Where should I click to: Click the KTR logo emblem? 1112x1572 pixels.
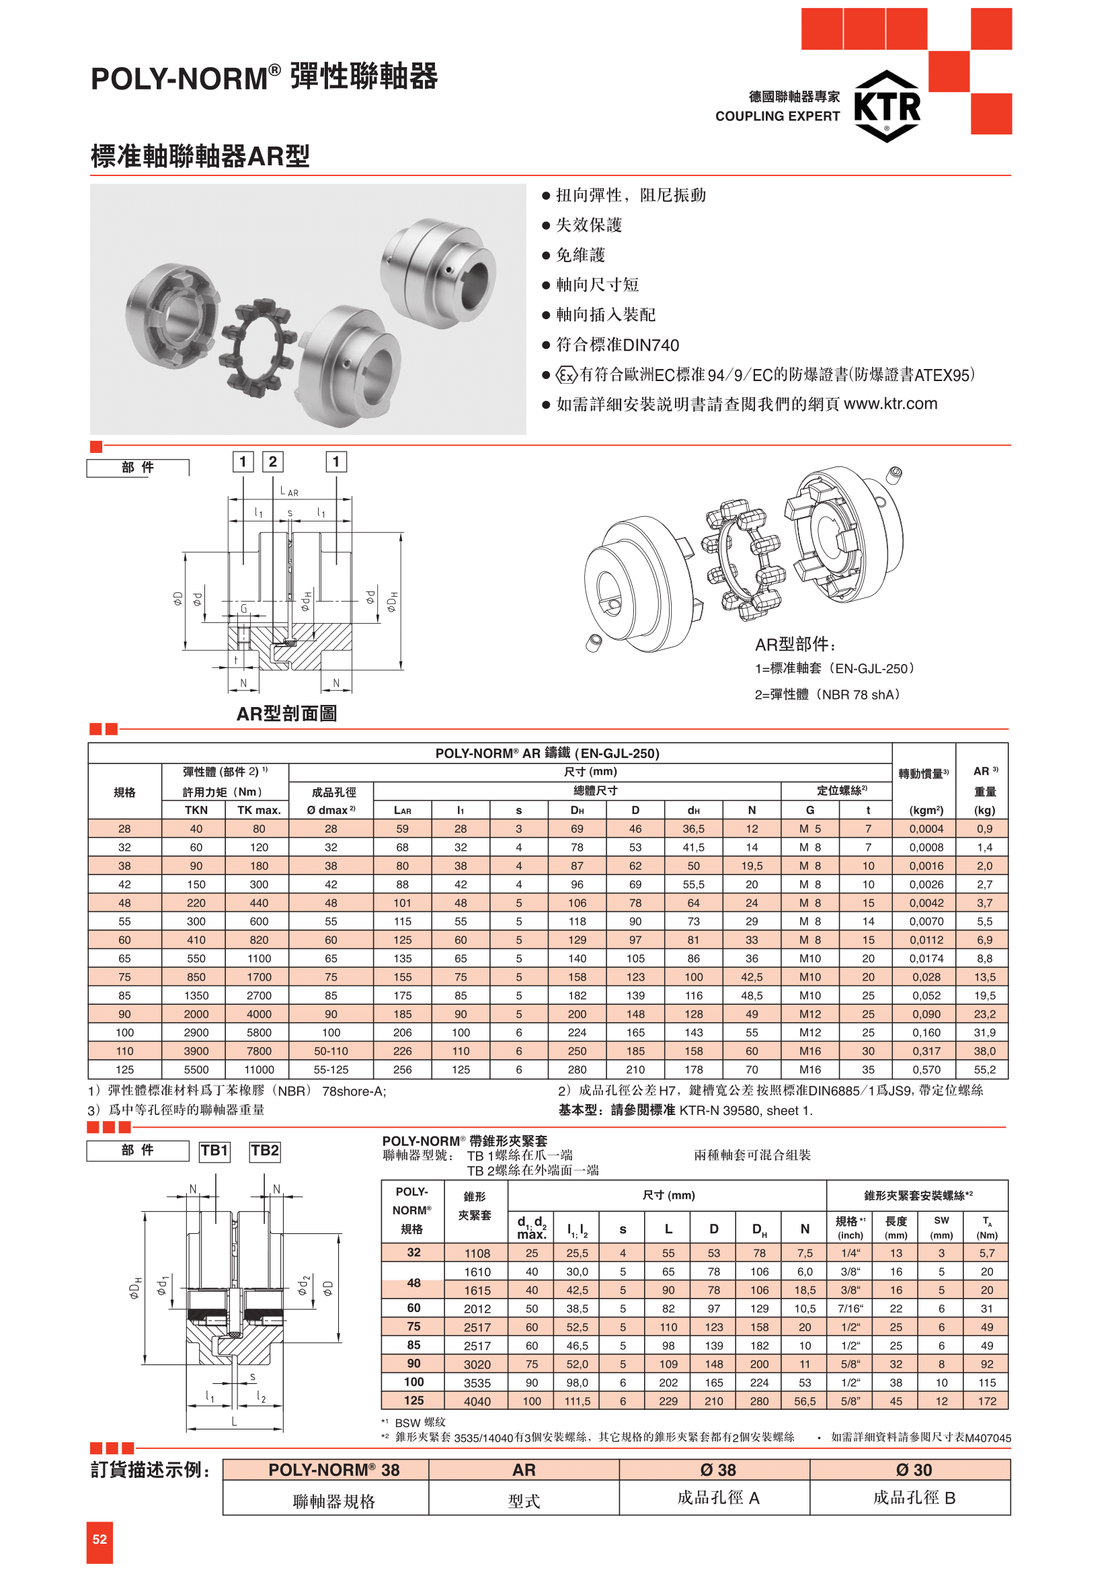tap(887, 106)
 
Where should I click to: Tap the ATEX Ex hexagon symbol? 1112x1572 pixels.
tap(566, 375)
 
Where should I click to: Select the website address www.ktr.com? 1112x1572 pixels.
tap(890, 404)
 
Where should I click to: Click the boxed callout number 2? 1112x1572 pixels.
tap(272, 462)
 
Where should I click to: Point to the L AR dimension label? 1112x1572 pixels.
tap(289, 491)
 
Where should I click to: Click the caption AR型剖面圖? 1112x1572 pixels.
tap(286, 714)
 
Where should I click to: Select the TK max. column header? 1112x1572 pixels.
tap(259, 810)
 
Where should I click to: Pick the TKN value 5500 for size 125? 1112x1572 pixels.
tap(196, 1069)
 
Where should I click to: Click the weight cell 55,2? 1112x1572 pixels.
tap(985, 1069)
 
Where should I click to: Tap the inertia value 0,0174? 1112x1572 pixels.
tap(926, 958)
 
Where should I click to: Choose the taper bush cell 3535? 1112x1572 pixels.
tap(477, 1383)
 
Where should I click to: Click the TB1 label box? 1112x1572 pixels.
tap(214, 1151)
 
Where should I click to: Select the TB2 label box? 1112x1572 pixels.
tap(264, 1151)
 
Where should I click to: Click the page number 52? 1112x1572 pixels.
tap(100, 1540)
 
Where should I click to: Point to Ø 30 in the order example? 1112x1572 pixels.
tap(914, 1470)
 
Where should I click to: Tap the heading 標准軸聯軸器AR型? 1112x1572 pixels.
tap(200, 157)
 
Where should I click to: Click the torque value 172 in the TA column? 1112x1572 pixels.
tap(987, 1401)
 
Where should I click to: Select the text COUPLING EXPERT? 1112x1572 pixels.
tap(777, 116)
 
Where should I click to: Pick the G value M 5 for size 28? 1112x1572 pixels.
tap(810, 829)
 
